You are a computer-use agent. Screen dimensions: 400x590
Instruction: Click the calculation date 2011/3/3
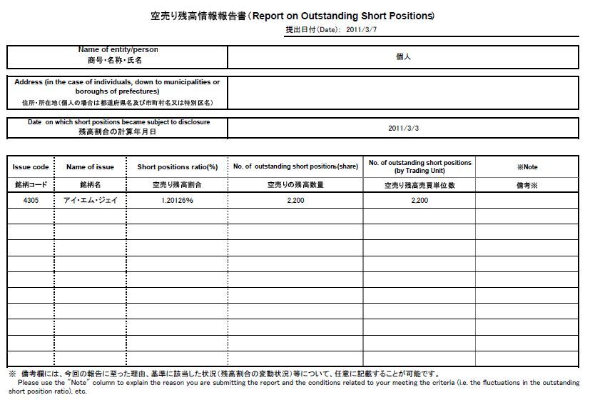[402, 128]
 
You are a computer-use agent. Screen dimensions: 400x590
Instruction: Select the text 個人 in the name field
[402, 56]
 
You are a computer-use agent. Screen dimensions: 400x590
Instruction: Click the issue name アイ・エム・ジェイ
[90, 201]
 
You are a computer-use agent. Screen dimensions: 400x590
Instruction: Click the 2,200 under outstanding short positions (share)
[295, 201]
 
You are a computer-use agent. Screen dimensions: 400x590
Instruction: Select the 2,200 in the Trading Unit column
[419, 201]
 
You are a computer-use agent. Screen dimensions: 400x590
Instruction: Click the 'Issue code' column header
[31, 167]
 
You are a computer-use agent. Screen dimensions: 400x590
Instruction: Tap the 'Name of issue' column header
[90, 167]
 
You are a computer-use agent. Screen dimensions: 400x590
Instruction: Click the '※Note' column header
[527, 167]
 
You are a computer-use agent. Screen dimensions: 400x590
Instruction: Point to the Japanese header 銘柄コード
[31, 184]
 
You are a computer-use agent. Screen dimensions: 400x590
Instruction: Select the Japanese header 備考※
[527, 184]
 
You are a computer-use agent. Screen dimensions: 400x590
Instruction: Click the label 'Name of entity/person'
[118, 50]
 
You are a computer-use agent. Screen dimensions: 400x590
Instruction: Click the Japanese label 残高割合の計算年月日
[118, 132]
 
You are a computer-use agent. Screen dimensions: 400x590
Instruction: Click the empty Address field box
[402, 92]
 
